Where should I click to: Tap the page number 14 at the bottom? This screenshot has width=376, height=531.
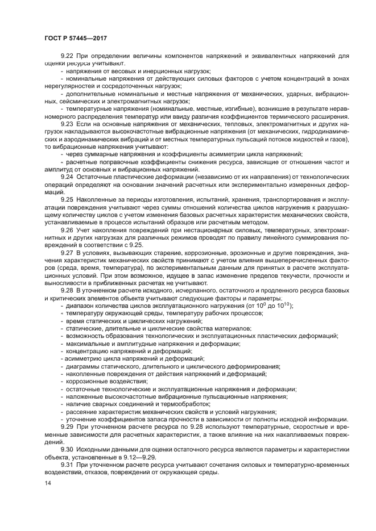[x=48, y=483]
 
